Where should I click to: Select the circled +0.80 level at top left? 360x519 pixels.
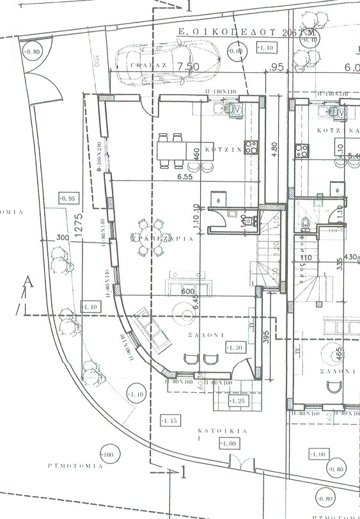(x=32, y=52)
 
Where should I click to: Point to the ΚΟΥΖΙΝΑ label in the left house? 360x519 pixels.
(x=222, y=148)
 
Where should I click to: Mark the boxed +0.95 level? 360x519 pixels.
(x=67, y=198)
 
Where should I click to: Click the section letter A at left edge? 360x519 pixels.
(x=26, y=282)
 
